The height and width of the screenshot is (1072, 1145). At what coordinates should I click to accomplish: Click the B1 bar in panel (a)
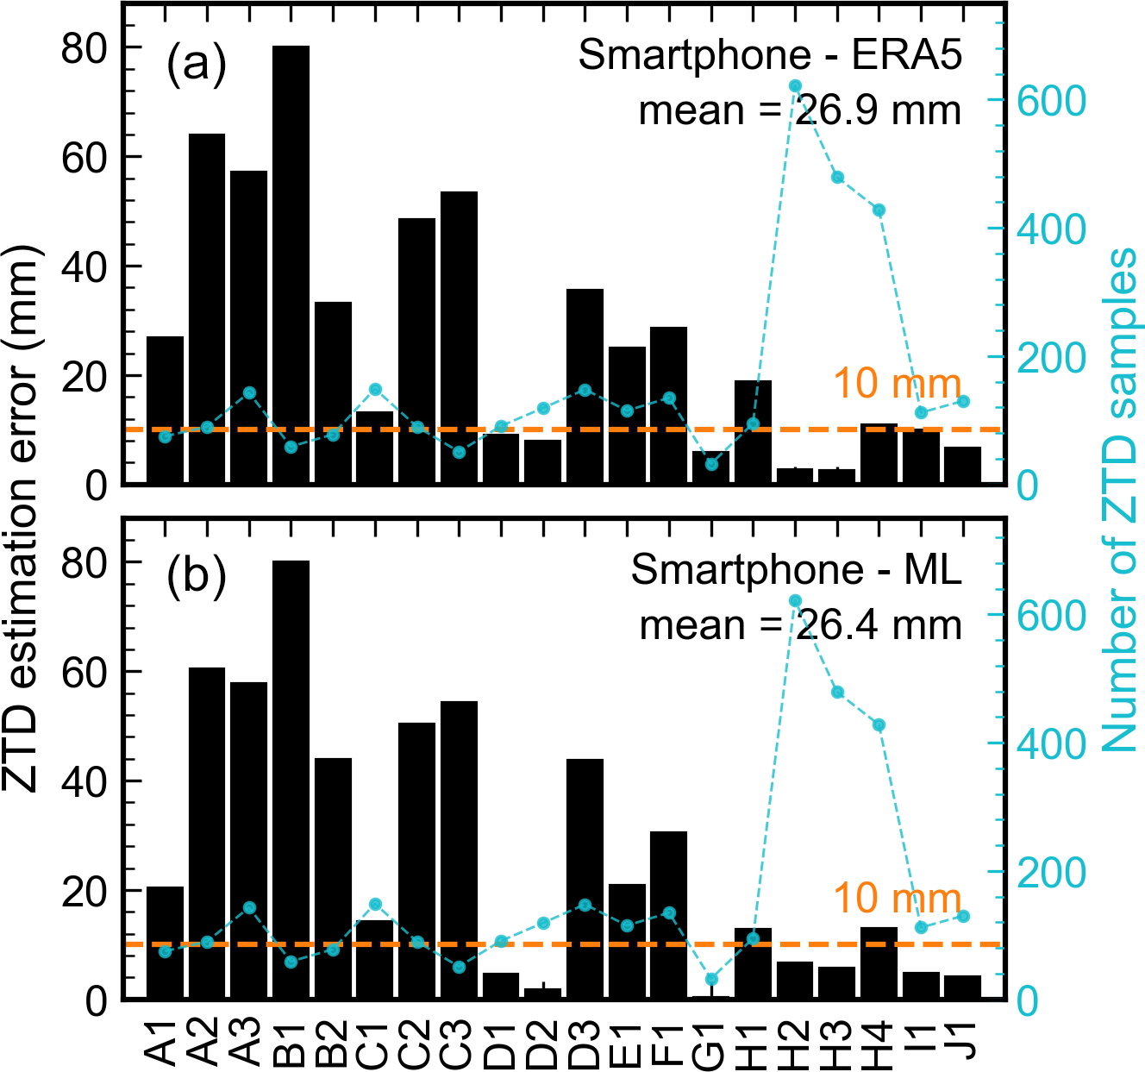click(x=291, y=259)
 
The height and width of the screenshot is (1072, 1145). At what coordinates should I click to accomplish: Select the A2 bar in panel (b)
click(x=207, y=828)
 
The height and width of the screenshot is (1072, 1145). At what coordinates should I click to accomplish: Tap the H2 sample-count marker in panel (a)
click(x=795, y=85)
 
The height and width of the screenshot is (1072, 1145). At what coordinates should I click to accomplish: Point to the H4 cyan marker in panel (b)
click(x=879, y=725)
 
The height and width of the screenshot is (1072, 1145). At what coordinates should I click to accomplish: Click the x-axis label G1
click(x=711, y=1044)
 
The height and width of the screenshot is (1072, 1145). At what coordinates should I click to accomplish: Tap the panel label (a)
click(x=197, y=62)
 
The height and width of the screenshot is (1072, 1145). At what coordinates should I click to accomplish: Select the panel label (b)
click(x=197, y=576)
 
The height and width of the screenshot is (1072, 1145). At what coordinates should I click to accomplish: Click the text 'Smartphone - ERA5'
click(x=769, y=56)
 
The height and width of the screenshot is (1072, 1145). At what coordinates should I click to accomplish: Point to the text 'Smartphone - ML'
click(x=795, y=570)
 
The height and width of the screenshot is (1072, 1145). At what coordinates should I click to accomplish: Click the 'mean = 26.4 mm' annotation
click(x=800, y=625)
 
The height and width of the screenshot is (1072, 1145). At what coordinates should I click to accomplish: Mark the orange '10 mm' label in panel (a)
click(x=897, y=384)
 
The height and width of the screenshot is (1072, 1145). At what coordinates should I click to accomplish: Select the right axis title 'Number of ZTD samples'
click(x=1119, y=500)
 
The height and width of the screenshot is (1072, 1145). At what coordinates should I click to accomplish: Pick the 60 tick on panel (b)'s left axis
click(x=89, y=672)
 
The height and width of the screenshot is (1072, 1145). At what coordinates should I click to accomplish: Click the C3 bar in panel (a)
click(x=459, y=336)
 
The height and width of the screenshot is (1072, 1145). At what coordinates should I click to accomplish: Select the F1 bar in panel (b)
click(x=668, y=914)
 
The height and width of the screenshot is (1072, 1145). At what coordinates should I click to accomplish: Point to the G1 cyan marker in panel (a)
click(x=711, y=465)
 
